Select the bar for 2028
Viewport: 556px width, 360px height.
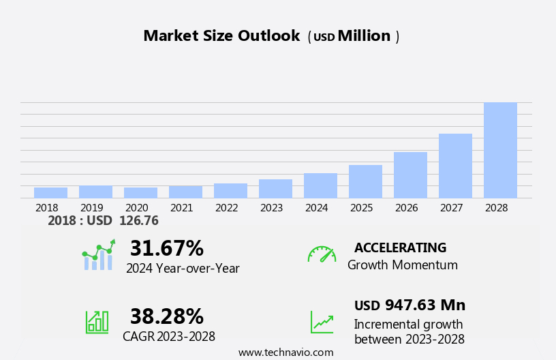(x=500, y=150)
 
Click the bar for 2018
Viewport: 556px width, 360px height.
(x=50, y=193)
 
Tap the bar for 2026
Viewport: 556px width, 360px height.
(x=410, y=175)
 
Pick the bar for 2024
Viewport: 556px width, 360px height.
(x=320, y=185)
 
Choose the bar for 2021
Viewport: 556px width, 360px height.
(x=185, y=192)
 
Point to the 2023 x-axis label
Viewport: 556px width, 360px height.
(x=271, y=208)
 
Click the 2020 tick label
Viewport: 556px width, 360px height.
(x=136, y=208)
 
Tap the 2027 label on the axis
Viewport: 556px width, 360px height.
(x=455, y=208)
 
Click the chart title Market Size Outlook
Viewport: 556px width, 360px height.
(x=221, y=36)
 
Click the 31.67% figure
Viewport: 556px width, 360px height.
(x=166, y=248)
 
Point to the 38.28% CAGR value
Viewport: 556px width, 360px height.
(x=166, y=316)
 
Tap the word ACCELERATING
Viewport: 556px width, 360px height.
(x=400, y=248)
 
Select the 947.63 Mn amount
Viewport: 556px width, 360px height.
(x=424, y=305)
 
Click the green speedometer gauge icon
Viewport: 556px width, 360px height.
(x=322, y=254)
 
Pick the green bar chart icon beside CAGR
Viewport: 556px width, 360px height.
(x=97, y=322)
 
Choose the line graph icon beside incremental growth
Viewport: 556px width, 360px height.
(x=322, y=322)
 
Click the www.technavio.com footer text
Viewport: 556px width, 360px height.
(x=285, y=352)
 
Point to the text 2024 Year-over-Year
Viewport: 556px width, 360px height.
(x=183, y=269)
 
